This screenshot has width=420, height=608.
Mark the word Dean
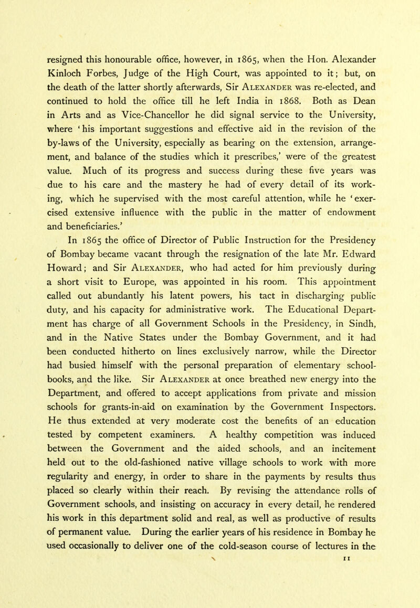(x=377, y=96)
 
